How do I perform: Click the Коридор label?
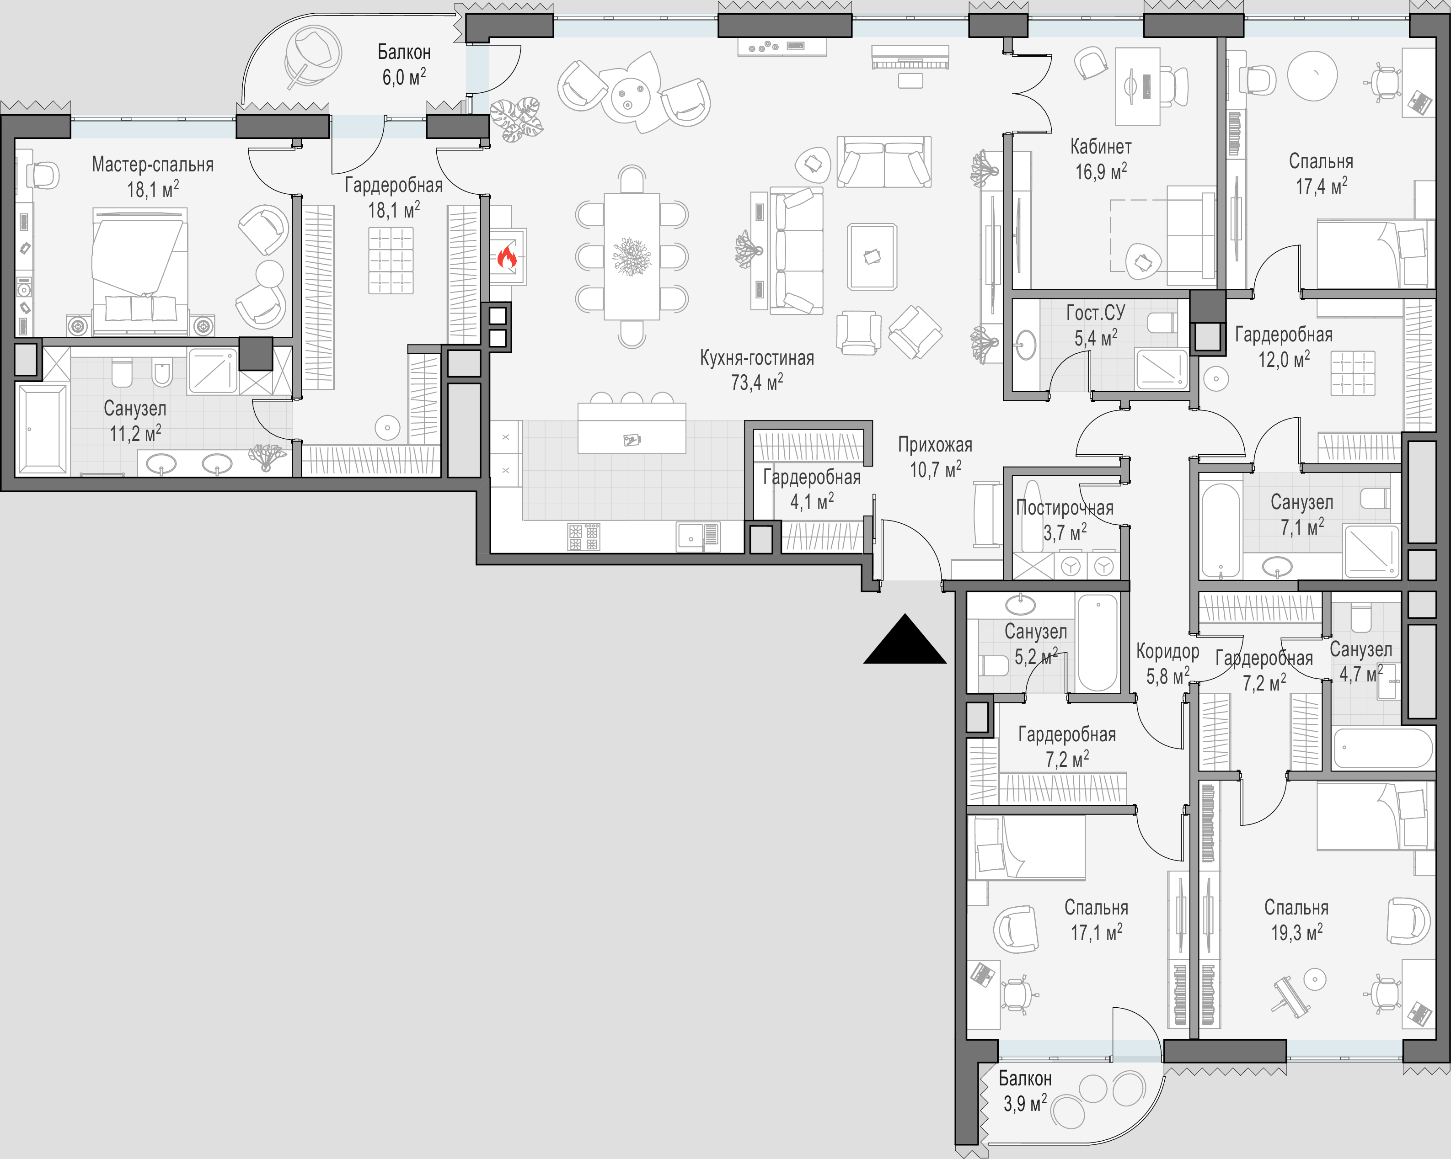1167,651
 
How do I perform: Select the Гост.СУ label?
1096,313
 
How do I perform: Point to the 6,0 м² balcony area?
404,77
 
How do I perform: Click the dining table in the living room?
631,256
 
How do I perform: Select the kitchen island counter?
631,428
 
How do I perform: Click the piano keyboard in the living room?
910,57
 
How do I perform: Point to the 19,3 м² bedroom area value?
1296,933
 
